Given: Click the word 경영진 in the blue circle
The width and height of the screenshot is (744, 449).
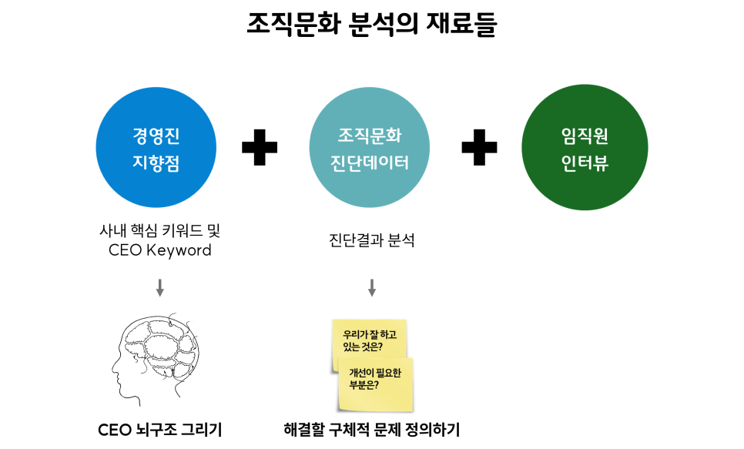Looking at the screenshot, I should [156, 137].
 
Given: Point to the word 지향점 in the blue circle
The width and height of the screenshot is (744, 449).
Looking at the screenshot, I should [156, 163].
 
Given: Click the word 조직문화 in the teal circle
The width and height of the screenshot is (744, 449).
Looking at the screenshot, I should [370, 136].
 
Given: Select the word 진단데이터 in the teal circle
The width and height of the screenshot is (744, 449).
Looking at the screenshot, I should [370, 163].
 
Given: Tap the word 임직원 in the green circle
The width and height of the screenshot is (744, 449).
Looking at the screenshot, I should [585, 136].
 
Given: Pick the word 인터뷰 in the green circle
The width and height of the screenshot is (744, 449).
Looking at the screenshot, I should [585, 163].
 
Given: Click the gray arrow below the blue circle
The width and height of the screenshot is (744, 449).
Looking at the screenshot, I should [159, 288].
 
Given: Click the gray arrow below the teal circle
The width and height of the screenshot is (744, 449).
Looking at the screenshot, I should [371, 288].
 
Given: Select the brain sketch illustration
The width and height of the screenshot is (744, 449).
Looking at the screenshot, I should [159, 357].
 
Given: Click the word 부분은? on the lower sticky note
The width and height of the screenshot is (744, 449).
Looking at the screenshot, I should [364, 385].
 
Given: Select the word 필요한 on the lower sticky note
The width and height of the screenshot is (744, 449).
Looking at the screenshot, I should [390, 374].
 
